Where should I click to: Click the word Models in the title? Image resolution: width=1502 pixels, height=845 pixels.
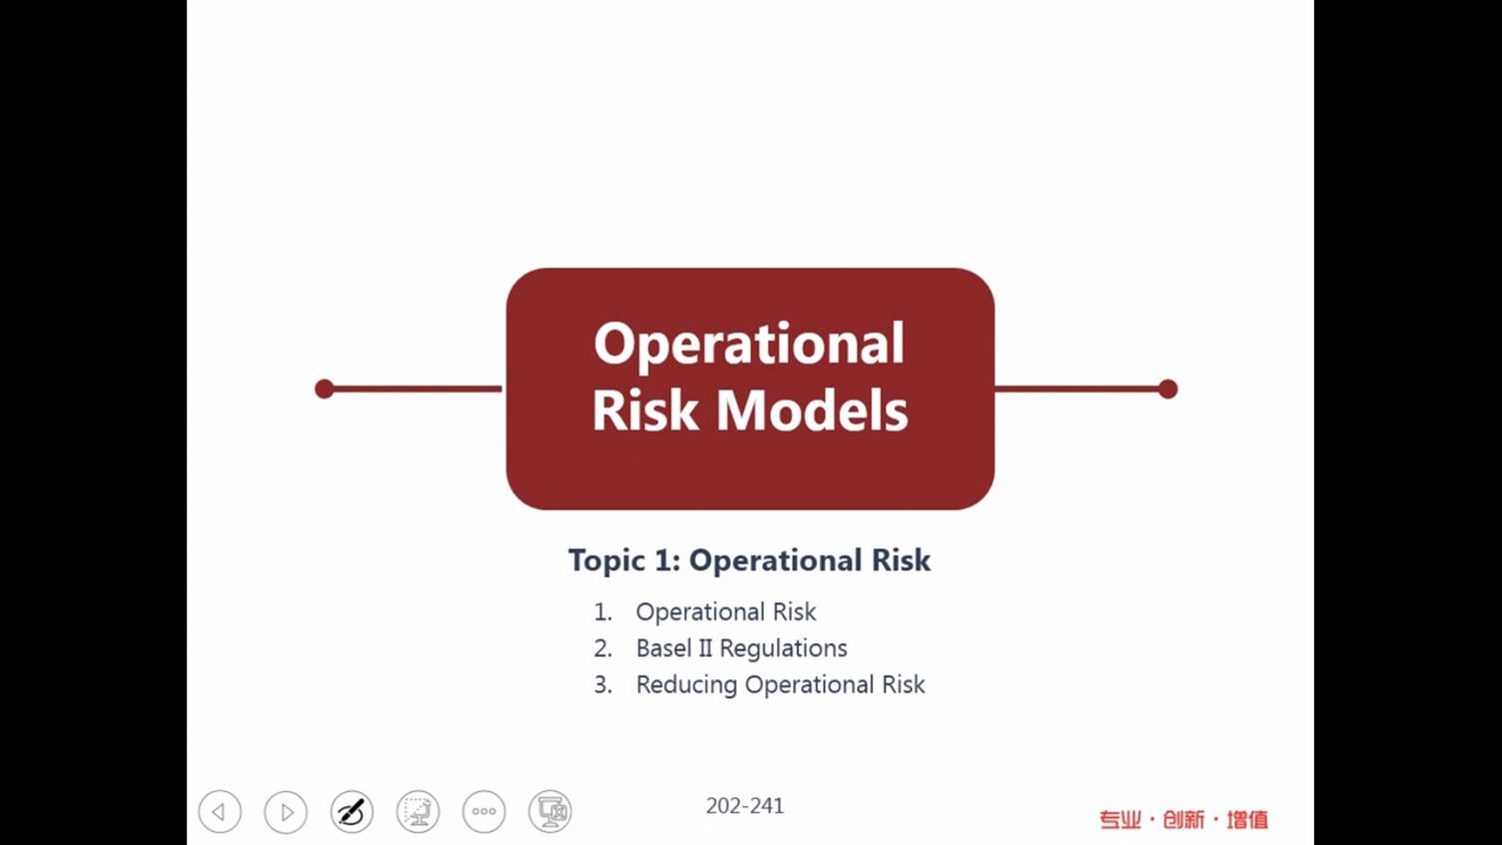click(812, 410)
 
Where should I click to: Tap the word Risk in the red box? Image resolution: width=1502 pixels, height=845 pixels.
click(645, 410)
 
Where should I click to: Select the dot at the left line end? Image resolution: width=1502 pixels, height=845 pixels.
click(325, 389)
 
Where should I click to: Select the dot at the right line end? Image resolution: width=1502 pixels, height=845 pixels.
click(1168, 389)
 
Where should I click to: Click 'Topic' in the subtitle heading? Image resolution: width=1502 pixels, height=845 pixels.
click(607, 561)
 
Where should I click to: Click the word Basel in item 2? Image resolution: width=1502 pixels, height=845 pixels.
click(664, 648)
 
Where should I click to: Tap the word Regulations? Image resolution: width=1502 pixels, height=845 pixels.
click(783, 649)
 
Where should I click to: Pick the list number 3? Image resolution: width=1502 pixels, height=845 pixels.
click(603, 685)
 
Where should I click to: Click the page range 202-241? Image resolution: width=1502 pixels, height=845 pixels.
click(745, 806)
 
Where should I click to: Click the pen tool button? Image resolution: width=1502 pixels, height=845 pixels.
click(352, 811)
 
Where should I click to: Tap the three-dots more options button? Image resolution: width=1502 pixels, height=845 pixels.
click(484, 811)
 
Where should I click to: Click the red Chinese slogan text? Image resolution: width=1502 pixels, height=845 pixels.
click(1183, 819)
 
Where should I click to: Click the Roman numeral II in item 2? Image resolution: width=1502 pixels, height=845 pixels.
click(705, 648)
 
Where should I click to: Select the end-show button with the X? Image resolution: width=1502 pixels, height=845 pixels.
click(550, 811)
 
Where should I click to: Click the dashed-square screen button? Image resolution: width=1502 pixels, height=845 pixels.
click(417, 811)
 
